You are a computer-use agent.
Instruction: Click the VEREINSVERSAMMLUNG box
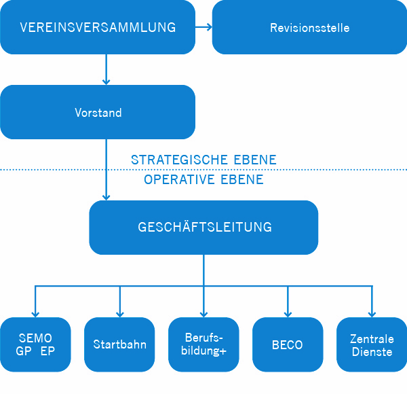(x=98, y=28)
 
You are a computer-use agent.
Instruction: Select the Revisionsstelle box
(x=309, y=28)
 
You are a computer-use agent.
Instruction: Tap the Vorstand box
(x=98, y=112)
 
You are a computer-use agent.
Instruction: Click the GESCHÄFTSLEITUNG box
(x=203, y=228)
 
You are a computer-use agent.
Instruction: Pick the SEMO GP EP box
(x=35, y=344)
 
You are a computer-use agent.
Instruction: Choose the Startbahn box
(x=119, y=344)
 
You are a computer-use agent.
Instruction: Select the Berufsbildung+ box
(x=203, y=344)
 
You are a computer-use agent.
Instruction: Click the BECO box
(x=288, y=344)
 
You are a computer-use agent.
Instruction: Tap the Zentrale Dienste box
(x=372, y=344)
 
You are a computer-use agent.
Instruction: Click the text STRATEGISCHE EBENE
(x=203, y=160)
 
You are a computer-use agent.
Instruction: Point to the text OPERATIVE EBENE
(x=203, y=180)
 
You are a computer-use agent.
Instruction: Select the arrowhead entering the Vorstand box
(x=106, y=81)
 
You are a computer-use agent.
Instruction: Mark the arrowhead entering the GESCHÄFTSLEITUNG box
(x=106, y=196)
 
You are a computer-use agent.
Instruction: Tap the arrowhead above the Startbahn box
(x=119, y=313)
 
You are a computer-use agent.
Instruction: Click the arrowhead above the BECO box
(x=288, y=313)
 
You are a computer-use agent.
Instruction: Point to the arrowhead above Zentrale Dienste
(x=372, y=313)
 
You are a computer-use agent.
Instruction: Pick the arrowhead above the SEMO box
(x=35, y=313)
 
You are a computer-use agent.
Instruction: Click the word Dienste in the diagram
(x=372, y=352)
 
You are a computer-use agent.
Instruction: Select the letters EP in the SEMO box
(x=47, y=352)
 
